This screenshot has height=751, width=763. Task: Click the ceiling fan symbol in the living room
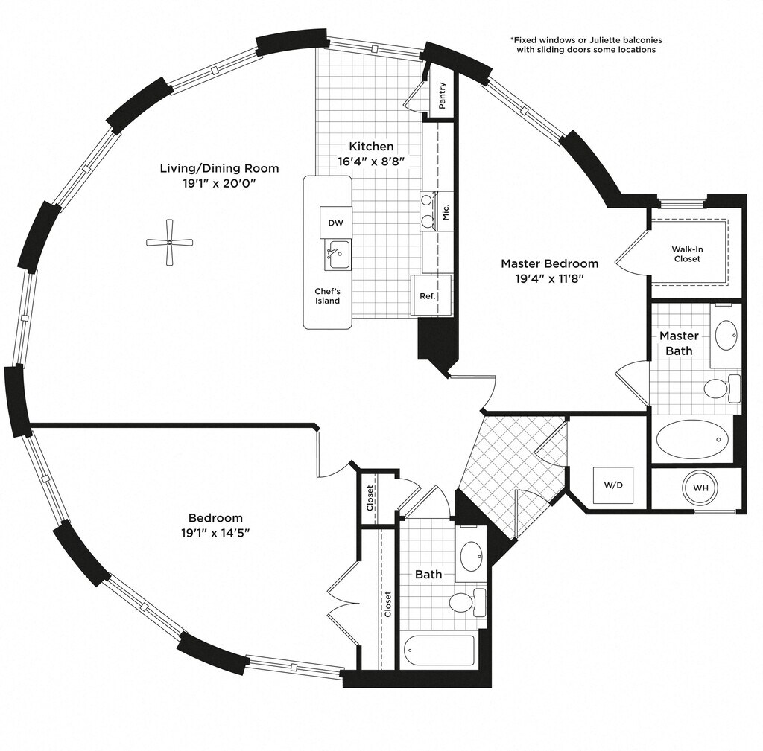[170, 242]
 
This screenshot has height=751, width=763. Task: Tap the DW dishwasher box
[335, 223]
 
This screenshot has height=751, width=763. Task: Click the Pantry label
[443, 95]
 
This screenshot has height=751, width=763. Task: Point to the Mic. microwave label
[446, 211]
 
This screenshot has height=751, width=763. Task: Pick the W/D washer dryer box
[613, 485]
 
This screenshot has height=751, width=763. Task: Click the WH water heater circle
[700, 488]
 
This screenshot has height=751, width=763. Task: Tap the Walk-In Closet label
[687, 254]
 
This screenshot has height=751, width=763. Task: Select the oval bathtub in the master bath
[692, 439]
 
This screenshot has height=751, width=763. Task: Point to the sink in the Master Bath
[727, 335]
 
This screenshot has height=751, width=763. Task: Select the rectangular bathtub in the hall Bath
[439, 651]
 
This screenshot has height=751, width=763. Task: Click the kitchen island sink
[338, 255]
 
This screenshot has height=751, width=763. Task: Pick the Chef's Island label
[328, 296]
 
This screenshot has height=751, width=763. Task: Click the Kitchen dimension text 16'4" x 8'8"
[371, 162]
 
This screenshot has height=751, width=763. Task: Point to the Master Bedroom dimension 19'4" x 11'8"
[549, 278]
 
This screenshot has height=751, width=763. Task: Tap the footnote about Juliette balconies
[586, 45]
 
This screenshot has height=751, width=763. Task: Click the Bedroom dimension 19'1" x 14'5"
[215, 533]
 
